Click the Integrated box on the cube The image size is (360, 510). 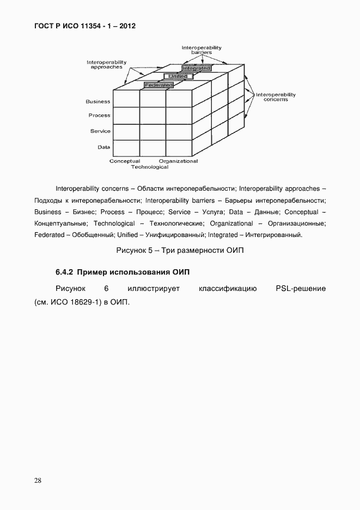196,69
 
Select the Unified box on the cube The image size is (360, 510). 178,77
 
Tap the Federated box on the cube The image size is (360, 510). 158,85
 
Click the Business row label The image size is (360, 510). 98,101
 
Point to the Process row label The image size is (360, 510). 99,116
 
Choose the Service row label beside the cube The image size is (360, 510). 100,131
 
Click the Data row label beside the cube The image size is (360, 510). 103,147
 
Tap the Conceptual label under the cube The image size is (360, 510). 125,161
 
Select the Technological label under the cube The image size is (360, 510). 149,167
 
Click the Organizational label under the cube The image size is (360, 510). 178,161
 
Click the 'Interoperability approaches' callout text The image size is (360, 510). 106,65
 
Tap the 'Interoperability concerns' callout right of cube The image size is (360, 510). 276,97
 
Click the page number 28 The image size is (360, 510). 38,480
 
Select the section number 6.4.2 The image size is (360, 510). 64,272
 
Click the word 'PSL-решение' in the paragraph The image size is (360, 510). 301,288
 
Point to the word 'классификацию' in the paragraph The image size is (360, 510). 228,288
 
